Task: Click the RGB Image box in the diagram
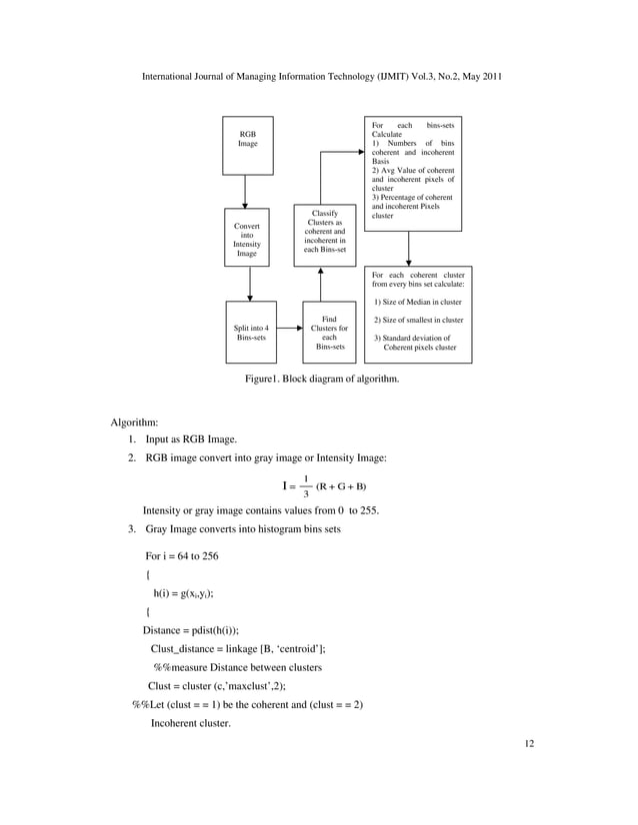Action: [247, 145]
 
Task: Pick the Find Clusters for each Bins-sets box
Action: [330, 333]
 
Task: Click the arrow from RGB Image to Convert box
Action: [247, 191]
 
